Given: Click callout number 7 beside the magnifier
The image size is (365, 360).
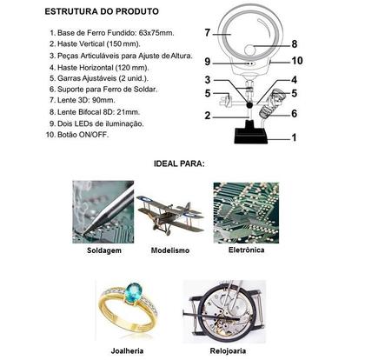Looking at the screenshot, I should pyautogui.click(x=208, y=33).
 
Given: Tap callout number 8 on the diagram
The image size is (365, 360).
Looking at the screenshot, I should pyautogui.click(x=294, y=43).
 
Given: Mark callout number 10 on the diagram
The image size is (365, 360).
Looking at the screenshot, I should pyautogui.click(x=296, y=61).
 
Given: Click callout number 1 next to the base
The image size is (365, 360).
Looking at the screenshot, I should pyautogui.click(x=294, y=137).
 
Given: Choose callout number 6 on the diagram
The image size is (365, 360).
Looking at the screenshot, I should pyautogui.click(x=295, y=113).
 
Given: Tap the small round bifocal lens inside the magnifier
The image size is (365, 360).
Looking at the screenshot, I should pyautogui.click(x=259, y=47).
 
